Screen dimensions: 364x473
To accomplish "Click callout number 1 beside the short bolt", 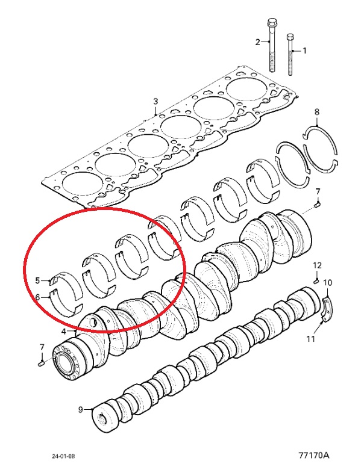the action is coord(304,51).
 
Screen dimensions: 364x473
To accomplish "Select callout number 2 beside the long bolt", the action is coord(257,42).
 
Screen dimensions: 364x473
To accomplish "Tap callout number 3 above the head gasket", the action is coord(155,101).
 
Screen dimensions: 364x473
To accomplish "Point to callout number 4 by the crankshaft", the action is coord(63,332).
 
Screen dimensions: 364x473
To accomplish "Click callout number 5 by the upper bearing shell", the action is coord(37,280).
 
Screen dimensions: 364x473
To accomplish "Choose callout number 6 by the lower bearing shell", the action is coord(37,297).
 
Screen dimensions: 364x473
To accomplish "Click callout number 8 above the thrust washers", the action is coord(316,112).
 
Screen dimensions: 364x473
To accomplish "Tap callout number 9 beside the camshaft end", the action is coord(80,409).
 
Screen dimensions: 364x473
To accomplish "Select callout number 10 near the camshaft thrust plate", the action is coord(327,283).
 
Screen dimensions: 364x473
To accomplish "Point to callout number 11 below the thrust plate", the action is coord(311,339).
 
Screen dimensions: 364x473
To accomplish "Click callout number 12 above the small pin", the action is coord(317,265).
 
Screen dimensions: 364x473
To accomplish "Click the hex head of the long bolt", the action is coord(271,23).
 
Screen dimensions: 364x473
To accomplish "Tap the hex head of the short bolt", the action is coord(290,37).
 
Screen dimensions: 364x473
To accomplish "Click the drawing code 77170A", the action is coord(314,455).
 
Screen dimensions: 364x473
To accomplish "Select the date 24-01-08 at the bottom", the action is coord(63,456).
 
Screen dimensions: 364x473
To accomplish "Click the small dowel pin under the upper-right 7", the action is coord(317,205).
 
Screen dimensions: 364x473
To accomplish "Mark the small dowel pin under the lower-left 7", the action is coord(42,364).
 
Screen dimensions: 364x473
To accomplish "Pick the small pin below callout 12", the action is coord(316,282).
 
